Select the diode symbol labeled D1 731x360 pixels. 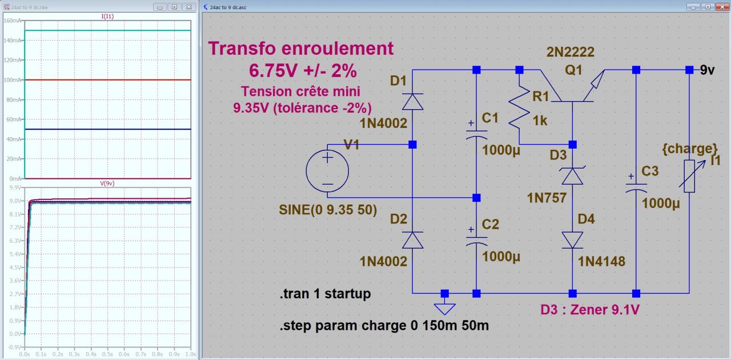tap(412, 101)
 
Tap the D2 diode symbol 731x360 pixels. tap(412, 241)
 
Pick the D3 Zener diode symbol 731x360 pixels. tap(572, 176)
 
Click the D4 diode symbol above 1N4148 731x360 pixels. tap(572, 239)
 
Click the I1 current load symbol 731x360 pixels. tap(689, 177)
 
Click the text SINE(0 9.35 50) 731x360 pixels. tap(328, 210)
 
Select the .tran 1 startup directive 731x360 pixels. tap(325, 294)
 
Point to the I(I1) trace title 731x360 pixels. tap(107, 17)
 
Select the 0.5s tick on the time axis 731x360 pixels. tap(107, 354)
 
